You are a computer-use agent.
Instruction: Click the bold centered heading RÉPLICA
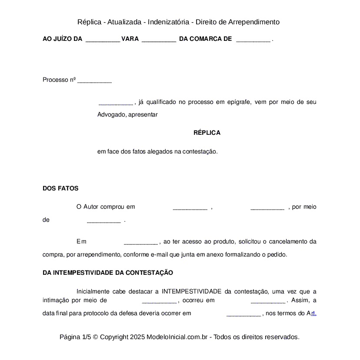(207, 133)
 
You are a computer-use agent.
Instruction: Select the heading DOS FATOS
(60, 188)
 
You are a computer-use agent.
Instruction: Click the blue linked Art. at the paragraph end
(311, 313)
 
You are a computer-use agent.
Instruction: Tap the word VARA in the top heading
(130, 39)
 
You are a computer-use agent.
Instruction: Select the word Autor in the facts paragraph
(91, 207)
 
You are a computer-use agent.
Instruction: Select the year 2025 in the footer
(137, 337)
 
